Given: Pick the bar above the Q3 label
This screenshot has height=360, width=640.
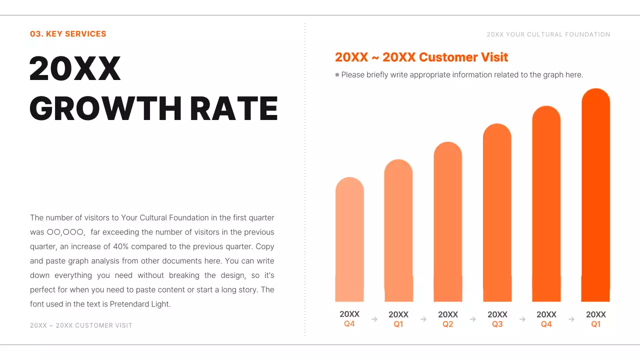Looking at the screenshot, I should [x=497, y=212].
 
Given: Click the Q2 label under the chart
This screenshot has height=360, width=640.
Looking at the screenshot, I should [x=448, y=324].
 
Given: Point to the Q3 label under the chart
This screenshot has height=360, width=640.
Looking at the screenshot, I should [x=497, y=324].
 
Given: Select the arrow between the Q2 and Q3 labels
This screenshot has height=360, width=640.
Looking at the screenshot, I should [x=472, y=319].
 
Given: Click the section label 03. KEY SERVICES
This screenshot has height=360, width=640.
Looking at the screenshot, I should [x=68, y=34].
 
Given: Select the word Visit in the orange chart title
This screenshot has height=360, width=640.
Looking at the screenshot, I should [x=494, y=57].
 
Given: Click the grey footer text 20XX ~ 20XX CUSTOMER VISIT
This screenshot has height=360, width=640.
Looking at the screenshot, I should [x=81, y=325].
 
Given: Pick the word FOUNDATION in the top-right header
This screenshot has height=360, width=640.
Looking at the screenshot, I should [x=587, y=34].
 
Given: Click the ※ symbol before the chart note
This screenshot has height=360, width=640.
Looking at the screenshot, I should [x=337, y=75].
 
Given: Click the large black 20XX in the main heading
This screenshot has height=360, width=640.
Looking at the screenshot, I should [x=75, y=68].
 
